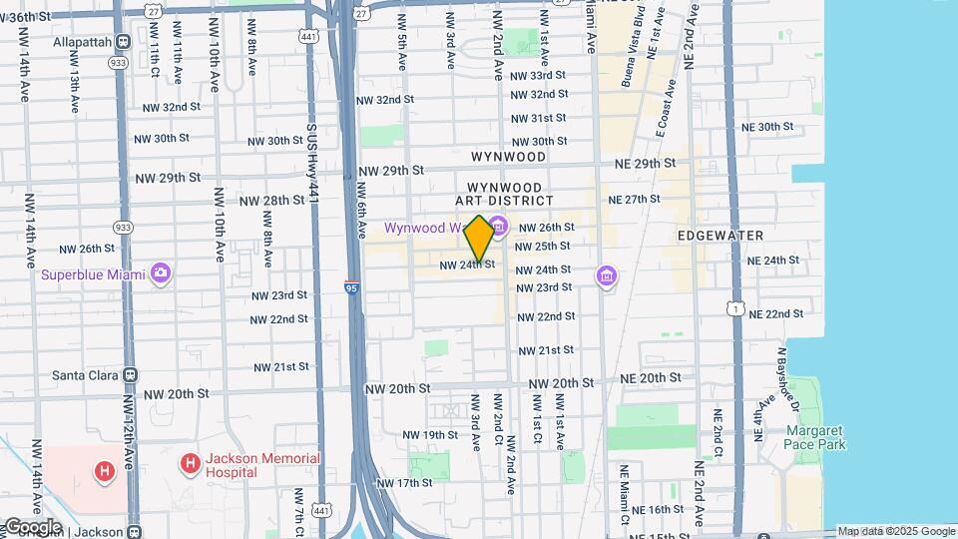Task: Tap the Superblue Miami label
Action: coord(94,273)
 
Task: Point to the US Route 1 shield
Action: coord(735,309)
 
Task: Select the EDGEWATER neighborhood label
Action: coord(719,236)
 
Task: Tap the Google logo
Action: coord(32,527)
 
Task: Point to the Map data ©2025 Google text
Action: coord(895,531)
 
